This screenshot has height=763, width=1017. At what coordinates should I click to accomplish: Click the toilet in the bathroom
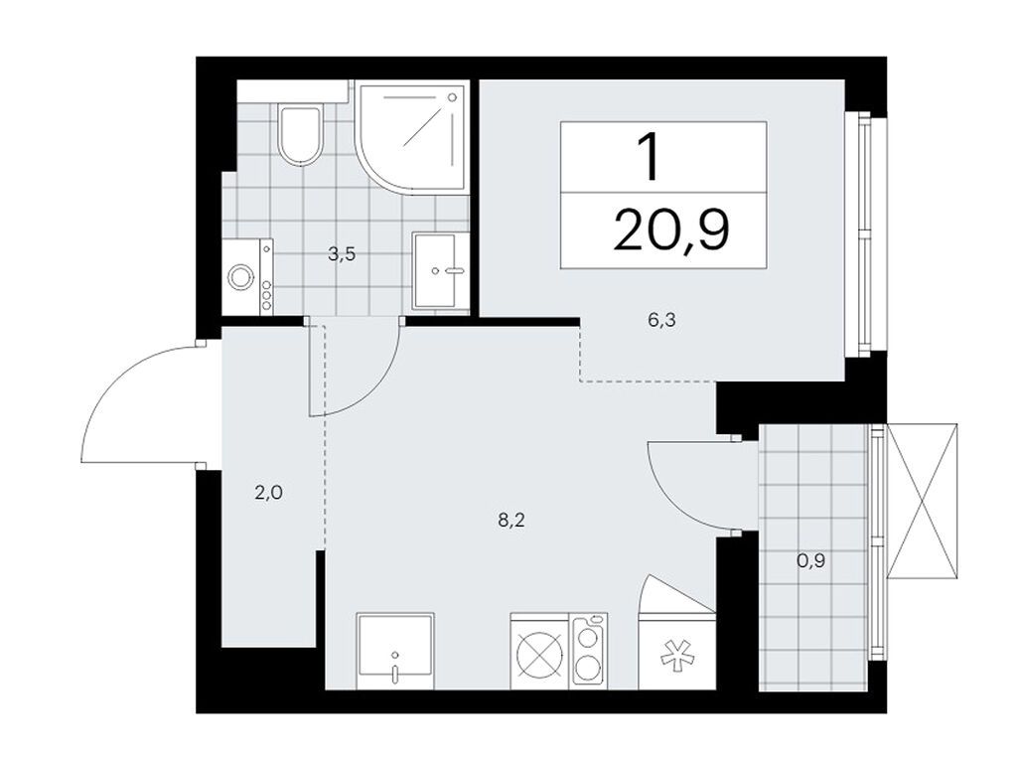pyautogui.click(x=300, y=137)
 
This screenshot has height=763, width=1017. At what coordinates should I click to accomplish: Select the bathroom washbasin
pyautogui.click(x=439, y=269)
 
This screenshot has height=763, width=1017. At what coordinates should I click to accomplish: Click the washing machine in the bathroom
pyautogui.click(x=247, y=277)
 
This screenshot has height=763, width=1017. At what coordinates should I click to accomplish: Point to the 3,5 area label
pyautogui.click(x=342, y=253)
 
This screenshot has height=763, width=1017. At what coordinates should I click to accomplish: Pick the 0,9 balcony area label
pyautogui.click(x=811, y=560)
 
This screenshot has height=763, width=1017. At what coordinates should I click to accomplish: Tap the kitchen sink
pyautogui.click(x=394, y=651)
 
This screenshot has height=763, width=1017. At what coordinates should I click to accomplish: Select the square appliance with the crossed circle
pyautogui.click(x=539, y=657)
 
